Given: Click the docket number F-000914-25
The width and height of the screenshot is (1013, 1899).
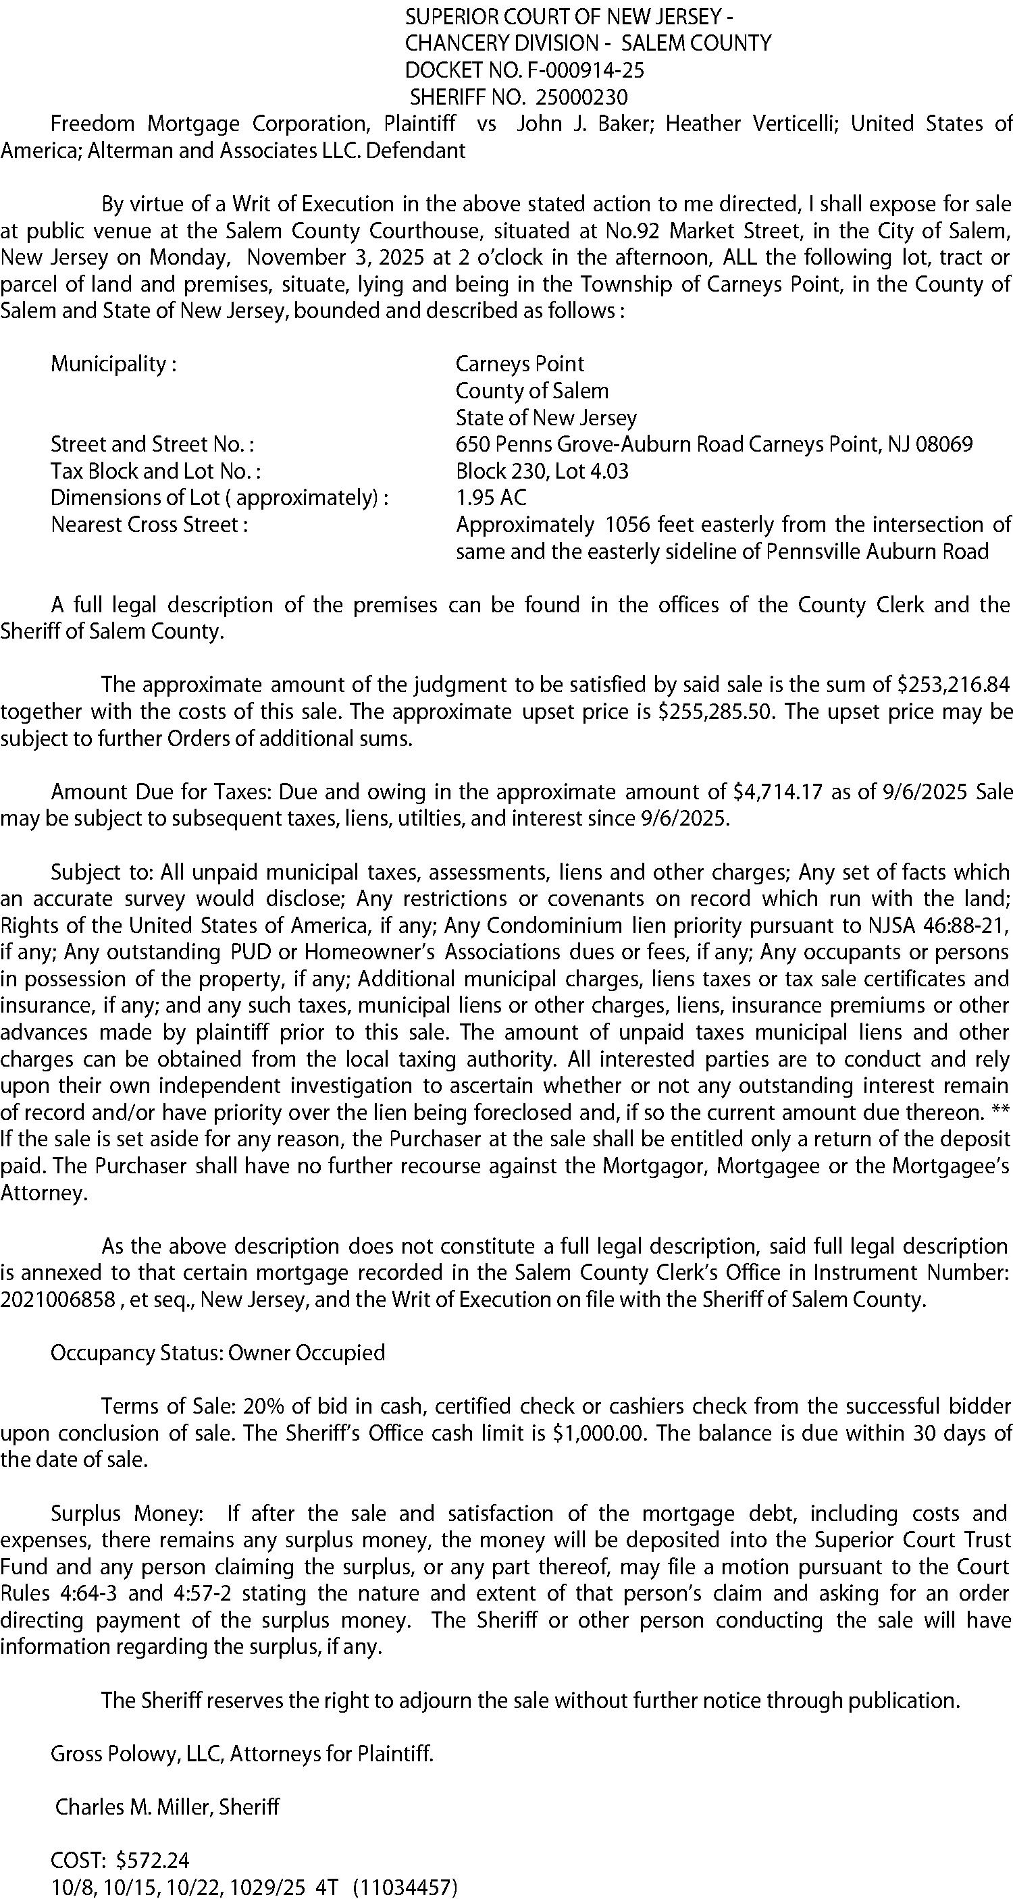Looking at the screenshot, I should click(586, 70).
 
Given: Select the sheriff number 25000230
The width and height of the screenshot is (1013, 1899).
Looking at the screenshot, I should click(581, 97).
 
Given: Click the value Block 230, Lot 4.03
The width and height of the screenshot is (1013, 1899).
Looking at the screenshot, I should click(542, 471).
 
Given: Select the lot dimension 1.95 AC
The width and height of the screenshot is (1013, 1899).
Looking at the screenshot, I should click(491, 498).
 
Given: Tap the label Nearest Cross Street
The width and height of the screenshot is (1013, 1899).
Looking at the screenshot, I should click(148, 525).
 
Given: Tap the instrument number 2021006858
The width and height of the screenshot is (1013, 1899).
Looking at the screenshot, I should click(57, 1300).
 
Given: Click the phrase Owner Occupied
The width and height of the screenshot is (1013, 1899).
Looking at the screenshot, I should click(307, 1353).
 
